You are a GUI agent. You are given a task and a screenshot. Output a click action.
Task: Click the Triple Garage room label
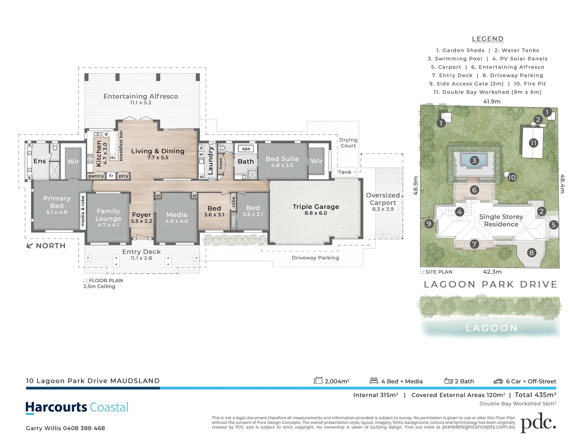point(316,207)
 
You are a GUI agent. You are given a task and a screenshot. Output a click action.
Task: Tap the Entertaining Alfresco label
point(141,97)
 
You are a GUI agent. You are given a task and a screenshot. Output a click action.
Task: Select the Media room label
point(176,215)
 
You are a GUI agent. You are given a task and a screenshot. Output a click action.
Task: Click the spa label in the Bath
point(246,149)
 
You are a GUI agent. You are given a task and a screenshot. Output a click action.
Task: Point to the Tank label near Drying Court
point(345,172)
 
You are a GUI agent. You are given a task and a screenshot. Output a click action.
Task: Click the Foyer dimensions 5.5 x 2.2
point(141,221)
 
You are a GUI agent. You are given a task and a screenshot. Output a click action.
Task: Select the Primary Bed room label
point(57,202)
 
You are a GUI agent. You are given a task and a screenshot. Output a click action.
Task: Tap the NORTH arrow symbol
point(29,246)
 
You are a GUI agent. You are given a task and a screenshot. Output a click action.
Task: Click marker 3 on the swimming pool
point(474,161)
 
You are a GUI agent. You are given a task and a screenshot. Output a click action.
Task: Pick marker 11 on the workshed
point(533,143)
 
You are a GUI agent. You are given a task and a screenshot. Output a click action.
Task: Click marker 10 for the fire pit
point(512,177)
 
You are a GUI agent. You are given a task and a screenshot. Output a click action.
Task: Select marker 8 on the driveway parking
point(531,253)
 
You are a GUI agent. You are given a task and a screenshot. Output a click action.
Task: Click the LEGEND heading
point(488,39)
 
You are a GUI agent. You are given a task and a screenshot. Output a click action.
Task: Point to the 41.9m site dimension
point(492,101)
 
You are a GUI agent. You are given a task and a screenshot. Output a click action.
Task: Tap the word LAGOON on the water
point(491,328)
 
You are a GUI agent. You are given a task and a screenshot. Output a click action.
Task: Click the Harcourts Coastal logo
point(77,407)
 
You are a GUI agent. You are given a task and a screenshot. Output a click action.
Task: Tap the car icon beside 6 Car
point(498,381)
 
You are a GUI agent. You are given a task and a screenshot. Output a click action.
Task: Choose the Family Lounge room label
point(108,215)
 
